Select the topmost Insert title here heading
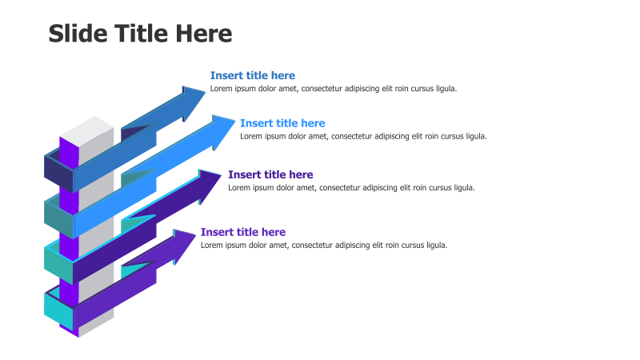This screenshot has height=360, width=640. (252, 75)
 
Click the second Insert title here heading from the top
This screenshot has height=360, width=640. (282, 123)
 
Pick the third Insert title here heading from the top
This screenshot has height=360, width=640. (270, 174)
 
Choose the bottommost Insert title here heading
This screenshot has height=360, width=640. (242, 232)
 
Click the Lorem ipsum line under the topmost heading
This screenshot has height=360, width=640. (334, 89)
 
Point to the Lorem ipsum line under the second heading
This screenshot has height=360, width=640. (363, 136)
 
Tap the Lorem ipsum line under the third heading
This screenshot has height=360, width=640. (351, 188)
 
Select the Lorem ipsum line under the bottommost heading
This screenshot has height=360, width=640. (324, 245)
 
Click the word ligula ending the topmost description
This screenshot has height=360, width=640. (445, 89)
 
